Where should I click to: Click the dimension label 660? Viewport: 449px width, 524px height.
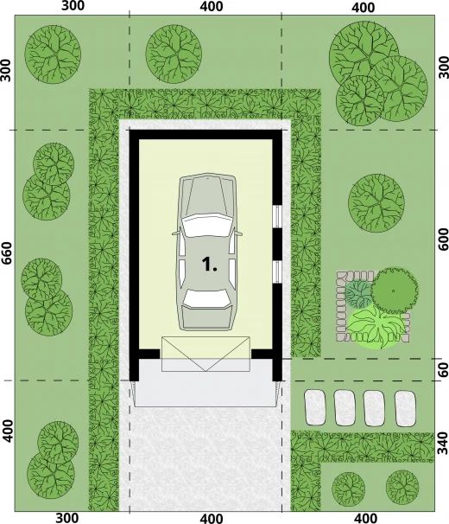[x=6, y=253]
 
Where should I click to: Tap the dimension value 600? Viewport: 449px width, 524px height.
[x=443, y=240]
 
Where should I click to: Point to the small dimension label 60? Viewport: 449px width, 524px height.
[x=443, y=369]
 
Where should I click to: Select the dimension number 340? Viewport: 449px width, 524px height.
[x=443, y=443]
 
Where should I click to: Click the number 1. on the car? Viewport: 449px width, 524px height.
[x=210, y=265]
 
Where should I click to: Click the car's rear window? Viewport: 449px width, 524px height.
[x=207, y=298]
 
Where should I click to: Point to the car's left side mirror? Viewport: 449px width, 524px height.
[x=175, y=233]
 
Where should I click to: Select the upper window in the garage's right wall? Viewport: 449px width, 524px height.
[x=277, y=216]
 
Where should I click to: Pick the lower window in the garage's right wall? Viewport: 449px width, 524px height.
[x=277, y=272]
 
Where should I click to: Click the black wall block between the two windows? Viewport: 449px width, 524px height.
[x=277, y=245]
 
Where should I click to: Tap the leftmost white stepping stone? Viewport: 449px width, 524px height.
[x=315, y=408]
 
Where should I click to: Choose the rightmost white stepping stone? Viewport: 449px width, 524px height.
[x=405, y=408]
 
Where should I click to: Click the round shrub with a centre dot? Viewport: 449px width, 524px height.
[x=395, y=291]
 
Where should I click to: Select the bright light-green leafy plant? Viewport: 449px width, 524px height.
[x=376, y=327]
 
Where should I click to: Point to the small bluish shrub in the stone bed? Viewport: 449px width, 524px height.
[x=357, y=294]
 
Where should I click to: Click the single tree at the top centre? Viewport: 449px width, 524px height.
[x=174, y=54]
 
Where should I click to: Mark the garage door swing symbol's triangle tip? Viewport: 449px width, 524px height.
[x=206, y=371]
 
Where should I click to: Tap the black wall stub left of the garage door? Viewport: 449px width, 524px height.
[x=149, y=354]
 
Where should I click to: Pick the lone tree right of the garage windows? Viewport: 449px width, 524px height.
[x=376, y=202]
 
